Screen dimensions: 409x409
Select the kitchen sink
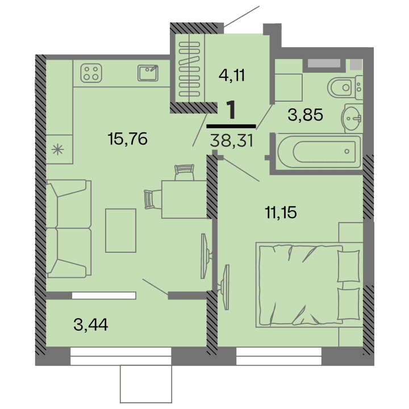pyautogui.click(x=149, y=72)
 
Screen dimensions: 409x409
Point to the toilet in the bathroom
pyautogui.click(x=344, y=88)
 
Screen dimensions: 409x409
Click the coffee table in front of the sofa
pyautogui.click(x=121, y=230)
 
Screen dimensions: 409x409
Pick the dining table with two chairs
pyautogui.click(x=183, y=199)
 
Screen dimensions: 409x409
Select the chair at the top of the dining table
pyautogui.click(x=184, y=170)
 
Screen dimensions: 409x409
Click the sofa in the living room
pyautogui.click(x=67, y=228)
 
